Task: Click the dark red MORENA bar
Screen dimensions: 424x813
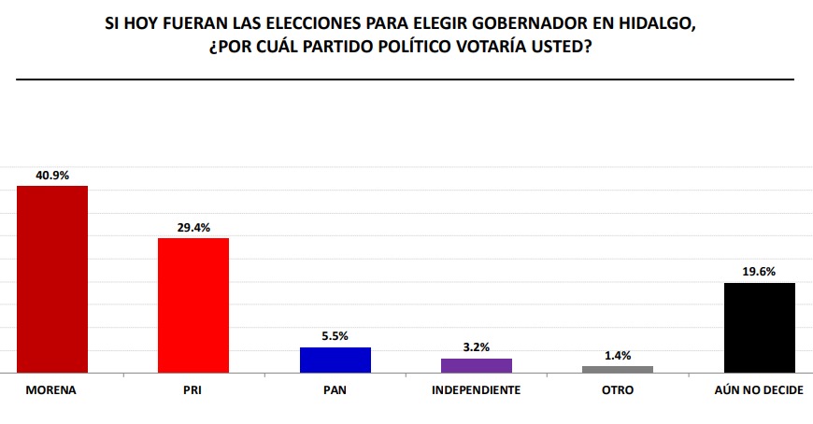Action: [52, 279]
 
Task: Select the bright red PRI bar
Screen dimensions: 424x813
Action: [193, 305]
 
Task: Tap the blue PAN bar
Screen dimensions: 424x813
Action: [335, 360]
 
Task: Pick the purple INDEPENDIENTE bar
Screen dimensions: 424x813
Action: [476, 366]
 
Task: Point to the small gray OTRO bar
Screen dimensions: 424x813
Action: [617, 370]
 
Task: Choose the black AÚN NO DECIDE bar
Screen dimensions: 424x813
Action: [759, 328]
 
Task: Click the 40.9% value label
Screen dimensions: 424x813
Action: [52, 175]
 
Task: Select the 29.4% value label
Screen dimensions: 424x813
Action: [193, 227]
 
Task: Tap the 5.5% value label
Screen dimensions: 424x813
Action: [335, 336]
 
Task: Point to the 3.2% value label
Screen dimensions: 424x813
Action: [476, 347]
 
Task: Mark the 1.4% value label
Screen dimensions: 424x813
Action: [617, 355]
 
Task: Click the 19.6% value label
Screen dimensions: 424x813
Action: [759, 272]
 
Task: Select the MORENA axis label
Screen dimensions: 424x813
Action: [51, 389]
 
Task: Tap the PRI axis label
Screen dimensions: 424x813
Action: [193, 389]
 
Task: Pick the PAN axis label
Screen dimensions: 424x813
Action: [335, 389]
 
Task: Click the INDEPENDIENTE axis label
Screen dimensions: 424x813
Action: [476, 389]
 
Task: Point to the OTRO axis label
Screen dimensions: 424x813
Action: [617, 389]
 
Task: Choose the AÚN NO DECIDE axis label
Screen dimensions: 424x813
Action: [758, 389]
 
